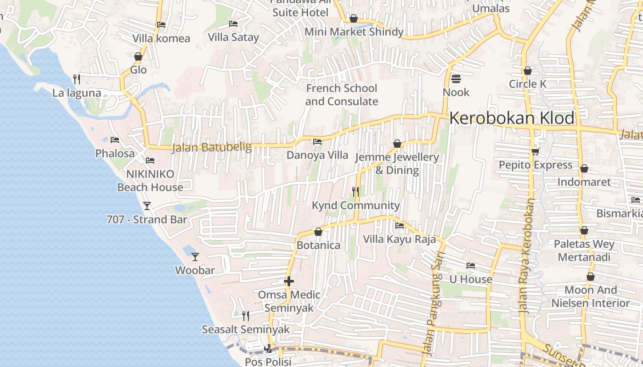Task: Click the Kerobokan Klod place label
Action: point(512,118)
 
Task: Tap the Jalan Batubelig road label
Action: point(212,148)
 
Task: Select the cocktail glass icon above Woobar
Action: point(195,257)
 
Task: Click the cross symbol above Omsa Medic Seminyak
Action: point(289,281)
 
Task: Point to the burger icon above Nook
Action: point(456,79)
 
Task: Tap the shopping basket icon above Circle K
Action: point(528,71)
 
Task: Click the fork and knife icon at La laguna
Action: point(77,79)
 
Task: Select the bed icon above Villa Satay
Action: point(233,24)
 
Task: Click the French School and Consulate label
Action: point(342,95)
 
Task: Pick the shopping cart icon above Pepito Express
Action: point(535,151)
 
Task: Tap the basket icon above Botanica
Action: point(318,232)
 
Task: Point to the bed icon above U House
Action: point(470,266)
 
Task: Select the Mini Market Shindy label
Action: point(354,32)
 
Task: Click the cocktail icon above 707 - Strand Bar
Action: point(147,206)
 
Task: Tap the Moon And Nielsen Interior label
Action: point(591,296)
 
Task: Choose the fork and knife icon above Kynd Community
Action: point(355,191)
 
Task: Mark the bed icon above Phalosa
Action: point(115,140)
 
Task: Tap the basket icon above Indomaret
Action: point(584,168)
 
